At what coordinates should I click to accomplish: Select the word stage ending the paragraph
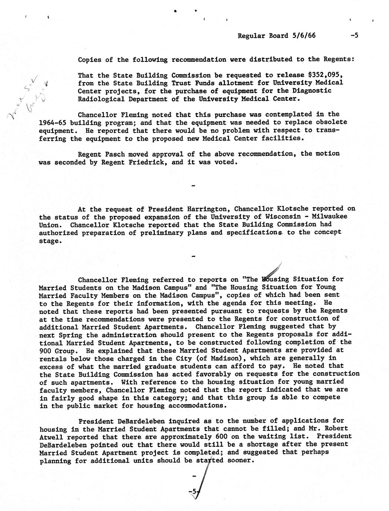[49, 241]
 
